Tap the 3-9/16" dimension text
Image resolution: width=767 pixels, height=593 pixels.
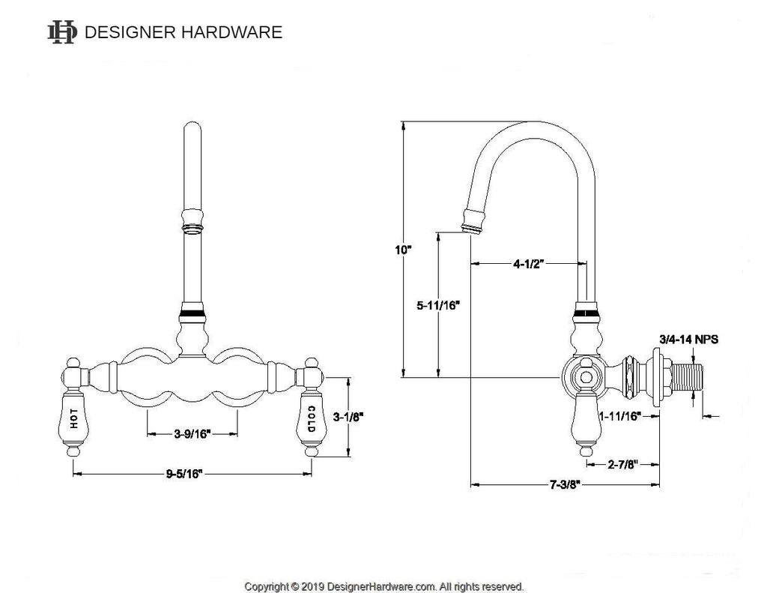pos(192,433)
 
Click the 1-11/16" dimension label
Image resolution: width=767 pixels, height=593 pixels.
pos(619,416)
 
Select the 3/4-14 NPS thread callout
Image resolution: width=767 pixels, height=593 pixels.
pos(688,339)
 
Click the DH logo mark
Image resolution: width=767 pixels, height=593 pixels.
pos(61,31)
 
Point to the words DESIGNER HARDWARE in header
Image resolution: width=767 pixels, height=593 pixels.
pos(184,32)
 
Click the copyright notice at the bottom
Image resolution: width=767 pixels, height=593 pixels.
pos(384,586)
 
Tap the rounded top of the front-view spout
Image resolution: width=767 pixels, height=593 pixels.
pos(192,133)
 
